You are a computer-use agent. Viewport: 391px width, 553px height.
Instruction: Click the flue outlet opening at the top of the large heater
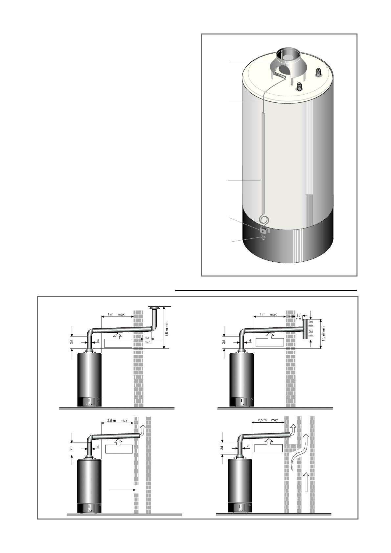point(287,54)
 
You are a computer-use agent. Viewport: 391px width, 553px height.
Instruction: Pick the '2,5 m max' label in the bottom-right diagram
point(268,420)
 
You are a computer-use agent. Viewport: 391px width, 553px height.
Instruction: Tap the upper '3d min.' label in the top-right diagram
point(311,323)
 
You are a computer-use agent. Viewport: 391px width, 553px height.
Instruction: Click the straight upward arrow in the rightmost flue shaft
point(306,481)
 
